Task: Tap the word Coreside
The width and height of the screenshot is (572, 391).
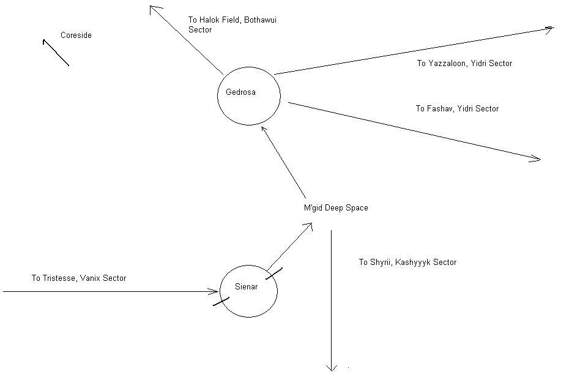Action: (x=76, y=35)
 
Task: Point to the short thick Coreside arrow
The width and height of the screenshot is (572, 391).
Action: (x=56, y=53)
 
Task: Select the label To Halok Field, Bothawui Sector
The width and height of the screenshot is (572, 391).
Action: (x=232, y=25)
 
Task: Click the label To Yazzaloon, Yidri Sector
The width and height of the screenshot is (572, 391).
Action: (x=464, y=64)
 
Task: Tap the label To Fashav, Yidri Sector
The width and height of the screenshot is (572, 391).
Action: (x=457, y=109)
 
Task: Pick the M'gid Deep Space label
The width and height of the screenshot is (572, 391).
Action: (x=336, y=208)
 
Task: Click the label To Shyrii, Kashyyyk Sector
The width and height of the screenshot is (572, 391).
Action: (x=407, y=263)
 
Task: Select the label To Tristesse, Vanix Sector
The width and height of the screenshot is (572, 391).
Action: (x=79, y=278)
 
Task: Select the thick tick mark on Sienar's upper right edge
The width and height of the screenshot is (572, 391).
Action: (x=274, y=274)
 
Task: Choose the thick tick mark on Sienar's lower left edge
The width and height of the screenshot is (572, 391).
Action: (x=221, y=301)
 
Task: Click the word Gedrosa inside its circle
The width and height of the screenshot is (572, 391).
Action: (x=240, y=92)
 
